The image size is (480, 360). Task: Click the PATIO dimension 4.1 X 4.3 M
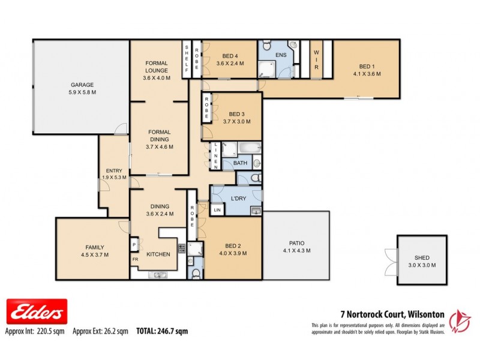click(x=297, y=251)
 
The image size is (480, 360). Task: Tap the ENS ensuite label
click(x=280, y=56)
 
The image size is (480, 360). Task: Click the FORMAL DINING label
click(x=160, y=136)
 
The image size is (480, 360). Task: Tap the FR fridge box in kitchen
click(x=135, y=259)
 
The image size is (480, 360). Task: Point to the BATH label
click(x=240, y=163)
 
